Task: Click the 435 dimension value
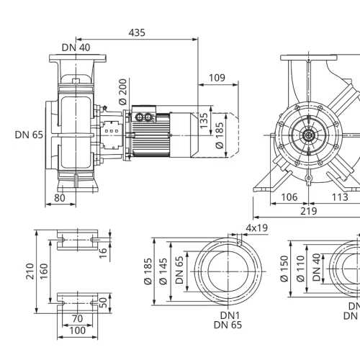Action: coord(137,32)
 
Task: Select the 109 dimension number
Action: coord(217,78)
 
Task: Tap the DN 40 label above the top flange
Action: coord(76,48)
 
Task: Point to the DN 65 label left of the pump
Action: coord(29,135)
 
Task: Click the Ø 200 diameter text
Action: coord(123,91)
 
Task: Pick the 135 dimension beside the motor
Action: coord(204,120)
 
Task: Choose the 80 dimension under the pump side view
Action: coord(60,198)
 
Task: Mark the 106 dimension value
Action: coord(289,197)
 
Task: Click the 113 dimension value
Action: coord(340,197)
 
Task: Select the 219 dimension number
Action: coord(309,211)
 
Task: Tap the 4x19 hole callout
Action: coord(257,228)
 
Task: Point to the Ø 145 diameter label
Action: coord(163,271)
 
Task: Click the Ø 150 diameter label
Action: coord(284,269)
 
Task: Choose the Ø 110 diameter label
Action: coord(300,269)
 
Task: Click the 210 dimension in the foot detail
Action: coord(30,271)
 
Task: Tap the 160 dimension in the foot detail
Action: coord(44,271)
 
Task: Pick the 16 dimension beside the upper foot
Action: coord(103,253)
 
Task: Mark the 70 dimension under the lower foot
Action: coord(77,319)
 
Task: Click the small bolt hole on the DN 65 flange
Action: coord(239,243)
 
